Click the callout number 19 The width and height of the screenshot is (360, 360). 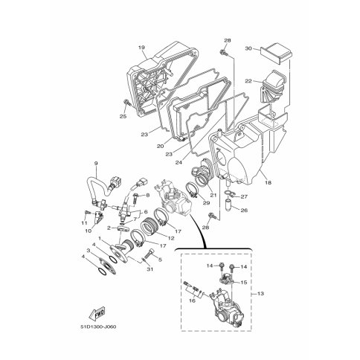141,48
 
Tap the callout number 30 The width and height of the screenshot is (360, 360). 248,48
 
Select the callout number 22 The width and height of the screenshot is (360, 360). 248,81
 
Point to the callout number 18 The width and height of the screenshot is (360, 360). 268,183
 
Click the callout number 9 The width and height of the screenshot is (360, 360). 96,163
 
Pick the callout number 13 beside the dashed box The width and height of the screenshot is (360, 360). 260,294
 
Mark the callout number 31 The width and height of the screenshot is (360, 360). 150,269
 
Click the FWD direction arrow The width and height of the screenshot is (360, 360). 97,313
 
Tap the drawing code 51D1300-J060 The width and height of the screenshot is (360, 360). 98,327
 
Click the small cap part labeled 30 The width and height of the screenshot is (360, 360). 276,54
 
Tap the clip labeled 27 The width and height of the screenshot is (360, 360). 229,193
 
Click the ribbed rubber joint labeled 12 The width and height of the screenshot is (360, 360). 150,225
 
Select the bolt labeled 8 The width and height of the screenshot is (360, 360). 136,199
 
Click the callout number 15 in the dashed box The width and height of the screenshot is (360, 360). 244,283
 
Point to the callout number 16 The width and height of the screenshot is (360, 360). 192,300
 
